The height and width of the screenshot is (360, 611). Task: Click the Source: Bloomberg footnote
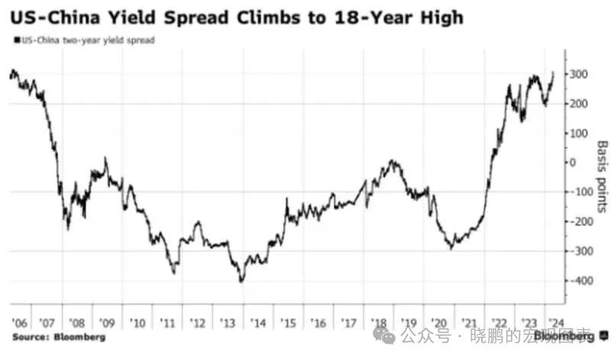[58, 336]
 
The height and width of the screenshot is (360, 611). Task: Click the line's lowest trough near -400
[241, 282]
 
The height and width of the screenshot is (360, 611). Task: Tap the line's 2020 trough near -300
[451, 248]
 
